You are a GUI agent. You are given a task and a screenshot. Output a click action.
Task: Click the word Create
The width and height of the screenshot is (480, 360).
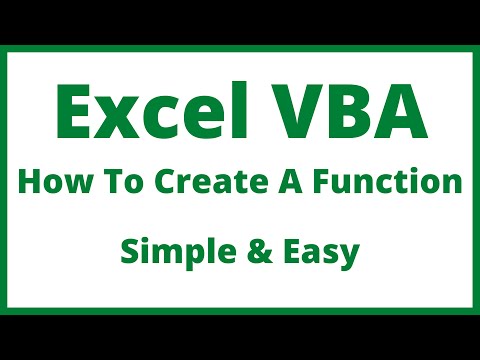click(x=186, y=184)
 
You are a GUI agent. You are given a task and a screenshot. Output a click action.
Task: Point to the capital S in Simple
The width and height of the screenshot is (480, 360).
click(x=129, y=252)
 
